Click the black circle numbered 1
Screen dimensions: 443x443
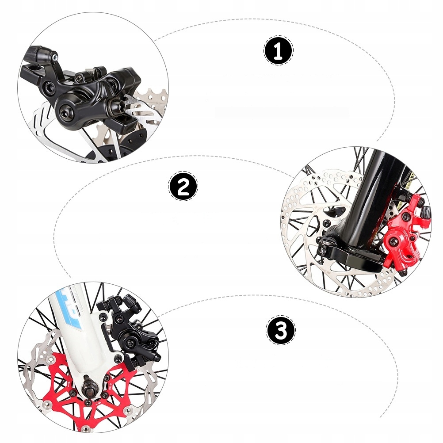pyautogui.click(x=279, y=51)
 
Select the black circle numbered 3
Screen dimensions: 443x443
pyautogui.click(x=281, y=330)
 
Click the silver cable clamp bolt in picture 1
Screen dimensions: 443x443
pyautogui.click(x=54, y=56)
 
